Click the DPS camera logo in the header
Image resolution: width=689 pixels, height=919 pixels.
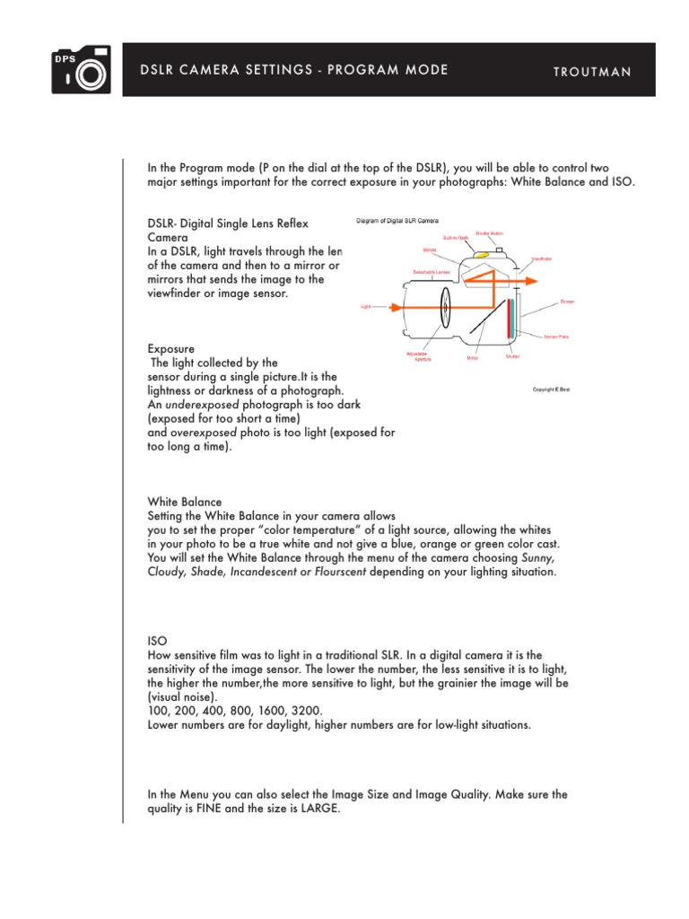(x=81, y=69)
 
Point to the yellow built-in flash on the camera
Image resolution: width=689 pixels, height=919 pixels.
(x=482, y=255)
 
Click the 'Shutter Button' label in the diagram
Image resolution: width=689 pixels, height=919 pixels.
(x=489, y=232)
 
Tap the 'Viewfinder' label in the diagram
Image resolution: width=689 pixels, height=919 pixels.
(x=541, y=258)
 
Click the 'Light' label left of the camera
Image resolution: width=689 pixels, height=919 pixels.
(x=365, y=307)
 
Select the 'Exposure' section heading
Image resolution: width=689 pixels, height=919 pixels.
(x=170, y=348)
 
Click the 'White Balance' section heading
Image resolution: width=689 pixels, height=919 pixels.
(x=184, y=502)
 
